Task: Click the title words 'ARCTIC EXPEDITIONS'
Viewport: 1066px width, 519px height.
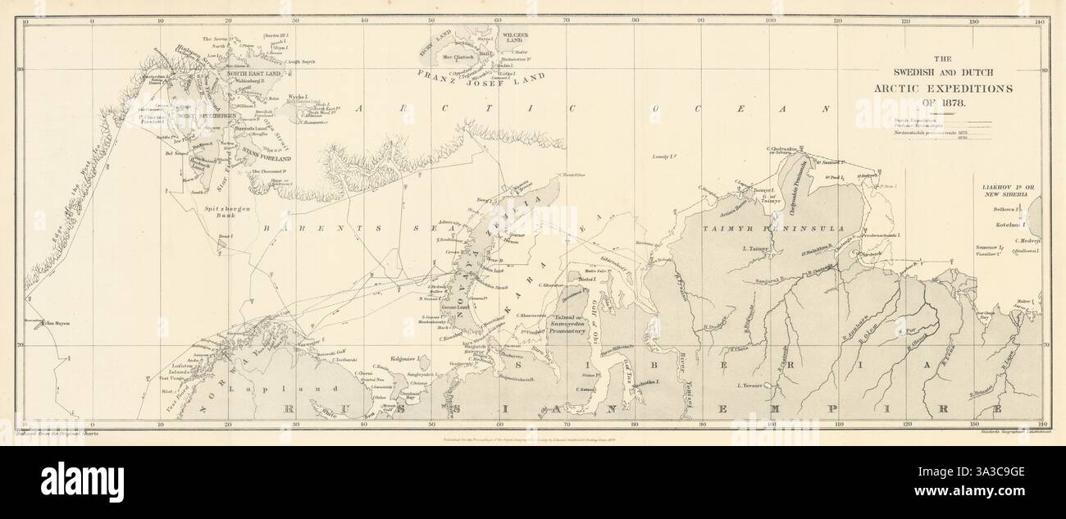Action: [x=934, y=88]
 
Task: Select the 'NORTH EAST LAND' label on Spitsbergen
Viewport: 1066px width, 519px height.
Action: [x=253, y=74]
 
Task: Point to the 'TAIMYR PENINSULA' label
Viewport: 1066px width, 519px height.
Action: [x=761, y=221]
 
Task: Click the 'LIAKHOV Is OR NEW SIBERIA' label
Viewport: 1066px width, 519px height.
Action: [x=1008, y=192]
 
